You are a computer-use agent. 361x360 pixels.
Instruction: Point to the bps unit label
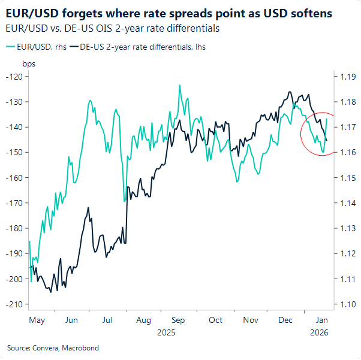point(28,63)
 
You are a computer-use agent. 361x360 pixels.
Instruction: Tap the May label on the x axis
point(37,320)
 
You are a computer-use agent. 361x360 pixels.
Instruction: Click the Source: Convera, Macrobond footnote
point(53,348)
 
